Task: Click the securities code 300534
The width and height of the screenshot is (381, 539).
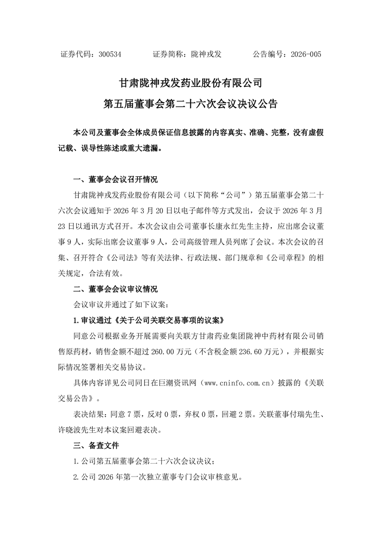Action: pos(110,55)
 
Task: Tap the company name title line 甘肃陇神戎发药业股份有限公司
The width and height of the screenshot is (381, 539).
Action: pos(190,82)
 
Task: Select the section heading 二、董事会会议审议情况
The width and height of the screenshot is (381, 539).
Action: pos(115,289)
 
